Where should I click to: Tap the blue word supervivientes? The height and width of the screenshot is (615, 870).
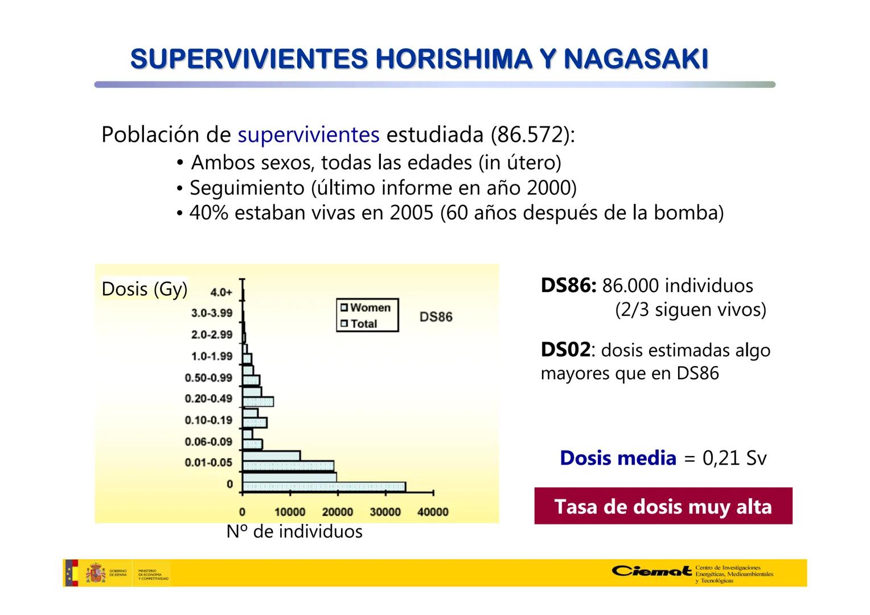tap(308, 135)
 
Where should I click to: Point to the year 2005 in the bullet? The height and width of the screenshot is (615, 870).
tap(411, 212)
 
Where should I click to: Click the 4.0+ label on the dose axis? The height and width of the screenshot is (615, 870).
tap(221, 292)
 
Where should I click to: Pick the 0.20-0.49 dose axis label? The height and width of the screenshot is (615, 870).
tap(208, 399)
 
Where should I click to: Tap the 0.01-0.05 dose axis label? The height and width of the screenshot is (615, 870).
tap(208, 462)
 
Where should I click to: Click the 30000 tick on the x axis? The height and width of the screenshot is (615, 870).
tap(385, 512)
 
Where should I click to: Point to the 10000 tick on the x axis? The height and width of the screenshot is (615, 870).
tap(290, 512)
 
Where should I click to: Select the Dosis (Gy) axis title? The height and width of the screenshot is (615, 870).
tap(144, 289)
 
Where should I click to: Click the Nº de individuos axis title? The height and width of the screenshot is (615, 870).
tap(294, 532)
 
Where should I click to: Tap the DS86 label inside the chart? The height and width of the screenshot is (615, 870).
tap(436, 317)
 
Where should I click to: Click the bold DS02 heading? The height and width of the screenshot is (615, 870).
tap(565, 350)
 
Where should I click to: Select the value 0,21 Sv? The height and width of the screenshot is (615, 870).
tap(734, 458)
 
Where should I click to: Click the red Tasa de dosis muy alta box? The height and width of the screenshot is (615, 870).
tap(663, 506)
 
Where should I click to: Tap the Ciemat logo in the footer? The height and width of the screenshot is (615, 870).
tap(652, 571)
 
